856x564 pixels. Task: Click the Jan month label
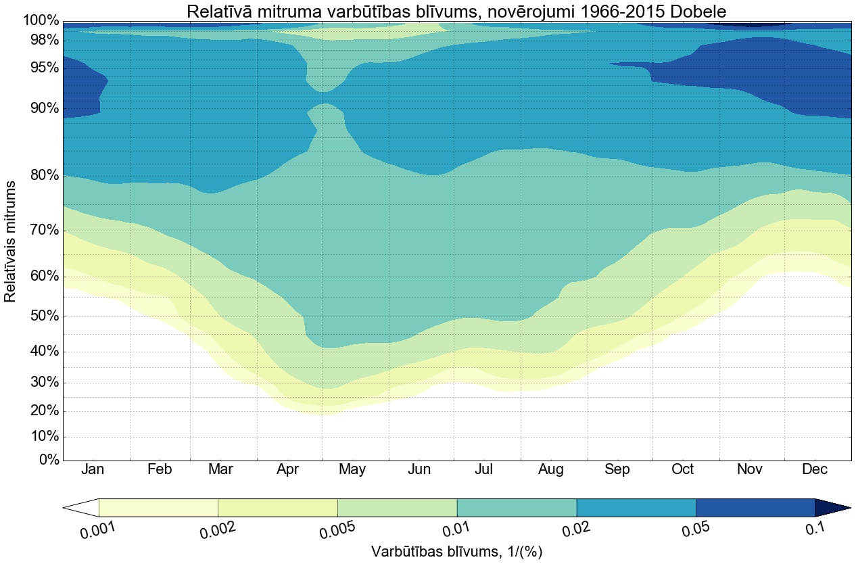[93, 470]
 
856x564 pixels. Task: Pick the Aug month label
[550, 470]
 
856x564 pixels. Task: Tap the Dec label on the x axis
[815, 470]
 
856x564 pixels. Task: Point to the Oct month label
[682, 470]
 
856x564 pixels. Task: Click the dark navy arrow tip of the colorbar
[831, 507]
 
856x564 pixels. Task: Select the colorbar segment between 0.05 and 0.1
[755, 507]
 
